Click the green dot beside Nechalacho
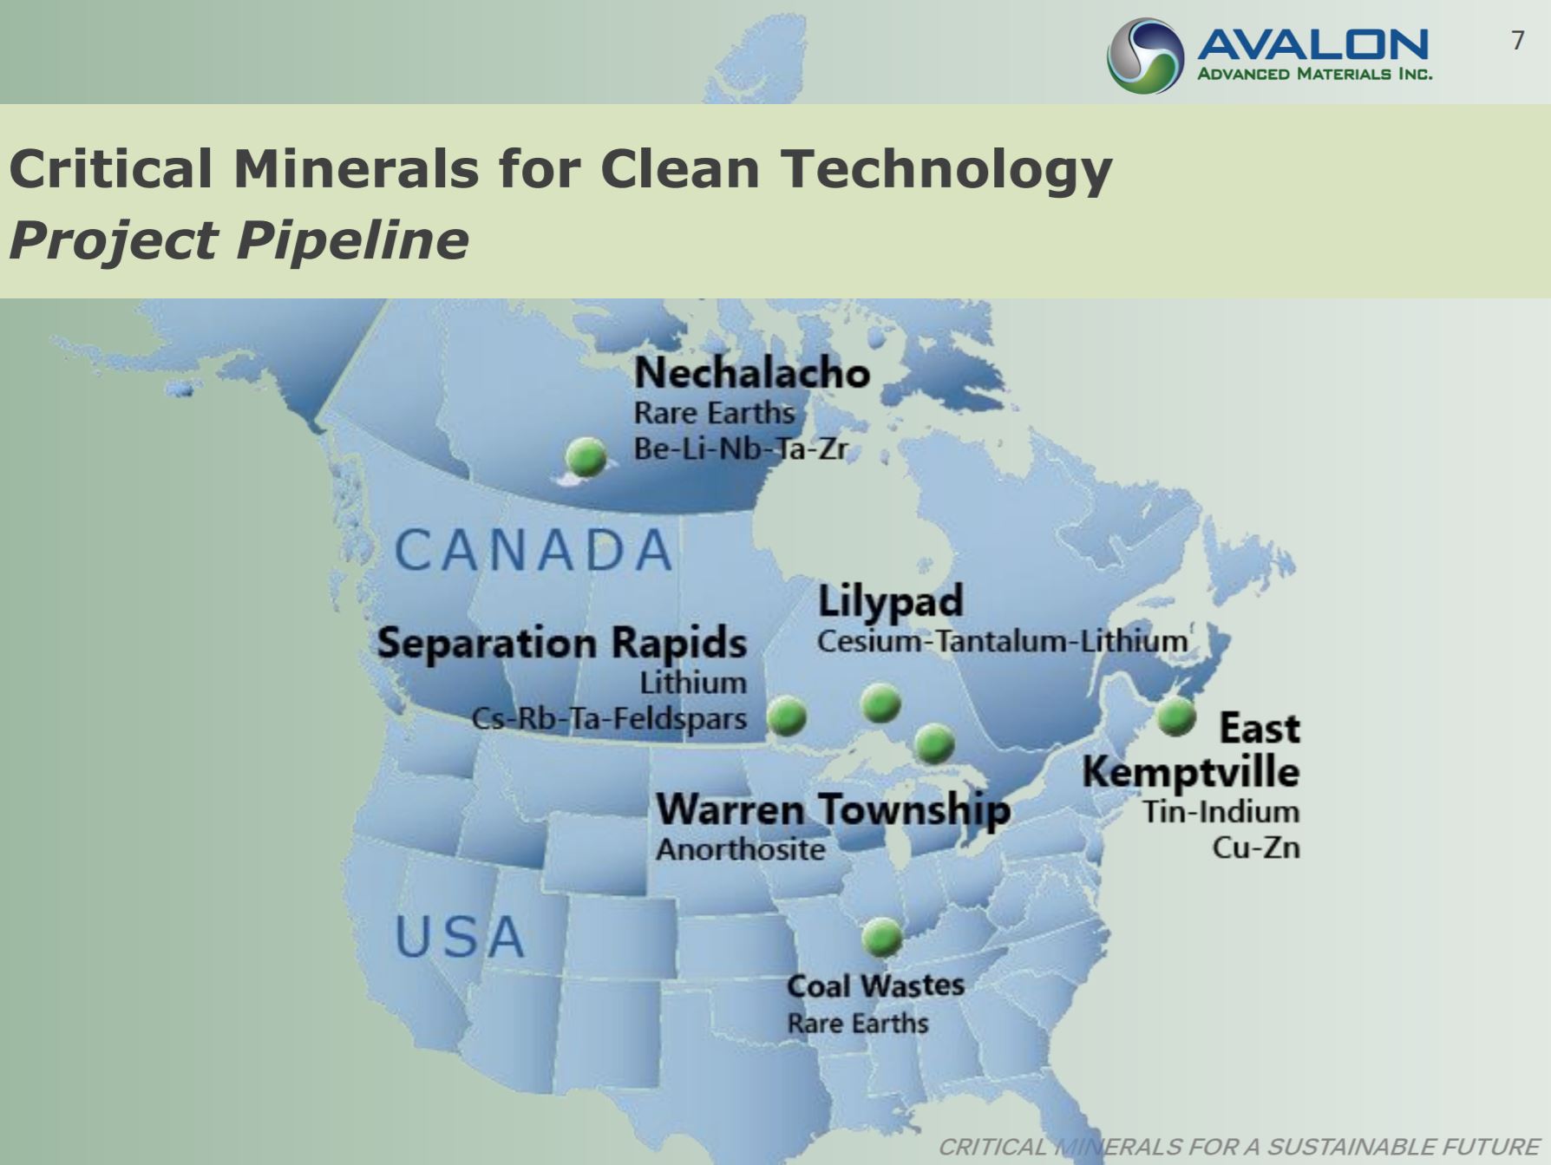tap(586, 456)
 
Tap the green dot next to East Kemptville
tap(1176, 717)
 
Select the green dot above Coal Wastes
tap(882, 938)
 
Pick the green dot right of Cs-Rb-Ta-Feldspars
tap(788, 717)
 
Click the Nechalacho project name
tap(752, 374)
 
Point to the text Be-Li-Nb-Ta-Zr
tap(741, 448)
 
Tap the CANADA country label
tap(533, 550)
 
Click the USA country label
tap(460, 937)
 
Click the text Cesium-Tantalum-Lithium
tap(1002, 642)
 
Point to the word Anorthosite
tap(741, 849)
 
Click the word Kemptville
tap(1191, 772)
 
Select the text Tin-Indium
tap(1221, 812)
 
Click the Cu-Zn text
tap(1256, 848)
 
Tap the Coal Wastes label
tap(876, 986)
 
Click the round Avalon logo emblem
tap(1145, 56)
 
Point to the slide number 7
tap(1517, 41)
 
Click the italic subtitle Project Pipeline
tap(239, 240)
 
